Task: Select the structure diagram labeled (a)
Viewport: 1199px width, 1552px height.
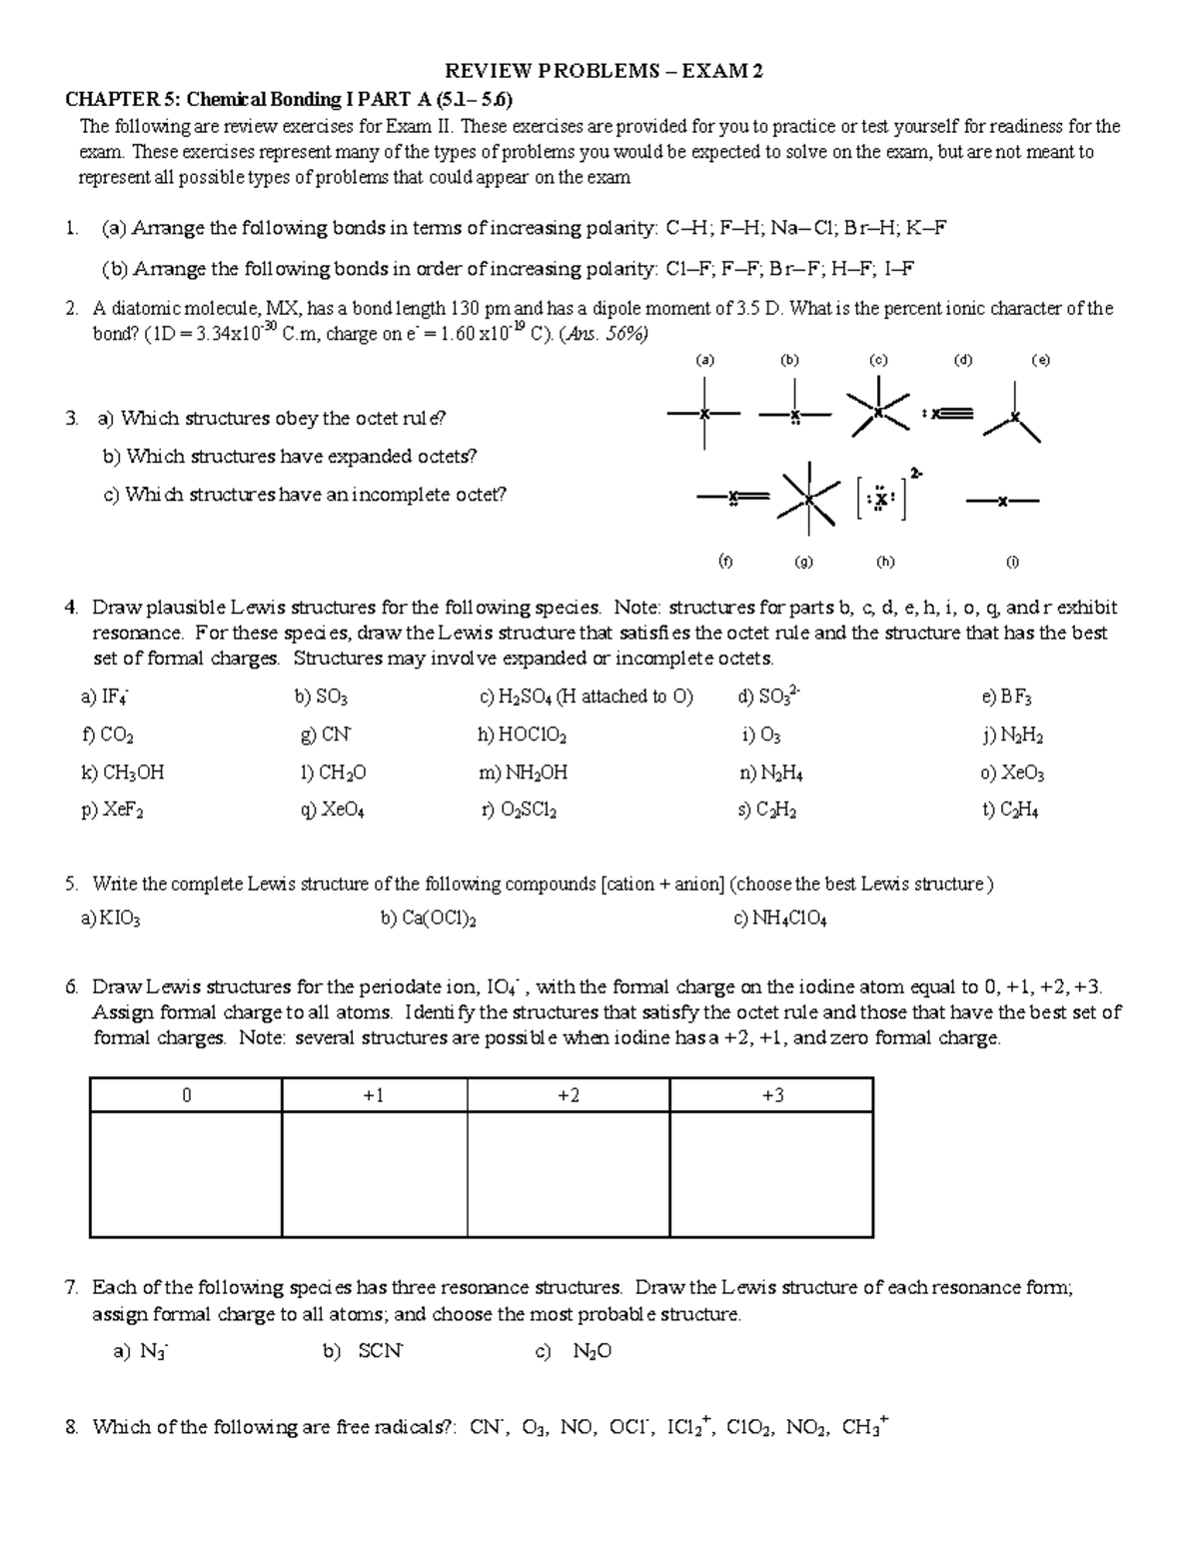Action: click(x=705, y=414)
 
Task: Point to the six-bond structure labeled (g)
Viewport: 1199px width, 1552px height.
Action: click(x=806, y=497)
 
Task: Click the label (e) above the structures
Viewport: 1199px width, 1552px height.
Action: click(x=1040, y=361)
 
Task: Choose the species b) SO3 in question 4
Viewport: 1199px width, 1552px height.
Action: click(x=321, y=698)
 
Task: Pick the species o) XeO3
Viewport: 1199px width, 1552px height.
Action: click(x=1012, y=774)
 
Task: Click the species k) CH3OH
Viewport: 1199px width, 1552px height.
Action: click(x=122, y=774)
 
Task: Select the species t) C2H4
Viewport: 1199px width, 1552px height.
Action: click(x=1010, y=811)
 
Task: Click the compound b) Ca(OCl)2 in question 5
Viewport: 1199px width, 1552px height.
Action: click(x=428, y=919)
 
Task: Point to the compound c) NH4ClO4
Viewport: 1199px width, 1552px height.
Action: click(x=779, y=919)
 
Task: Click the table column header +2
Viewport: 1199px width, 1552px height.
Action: click(x=568, y=1095)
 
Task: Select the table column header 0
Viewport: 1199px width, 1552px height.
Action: click(x=186, y=1095)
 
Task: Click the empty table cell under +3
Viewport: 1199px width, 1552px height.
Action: click(x=771, y=1174)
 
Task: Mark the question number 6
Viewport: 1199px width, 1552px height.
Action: click(x=71, y=987)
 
